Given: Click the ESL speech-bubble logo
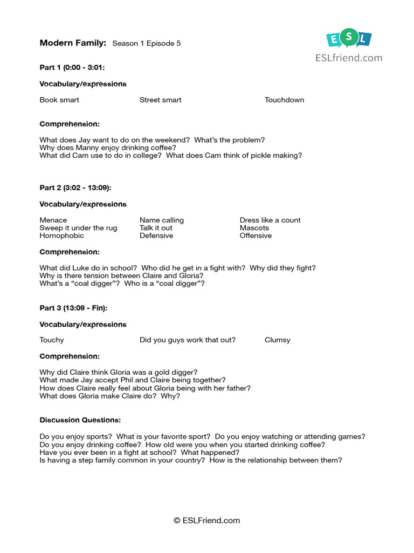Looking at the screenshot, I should coord(349,38).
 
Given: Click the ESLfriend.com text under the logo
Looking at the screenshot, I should coord(349,58).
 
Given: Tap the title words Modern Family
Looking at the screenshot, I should coord(73,43).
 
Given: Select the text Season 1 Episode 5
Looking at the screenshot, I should coord(146,44).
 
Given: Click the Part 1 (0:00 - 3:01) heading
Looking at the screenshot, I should coord(72,68).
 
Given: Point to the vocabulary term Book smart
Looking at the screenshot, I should coord(59,100).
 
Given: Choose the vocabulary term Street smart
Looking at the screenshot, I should coord(160,100).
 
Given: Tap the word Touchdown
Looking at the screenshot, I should coord(284,100).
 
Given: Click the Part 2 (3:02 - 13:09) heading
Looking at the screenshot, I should coord(75,188).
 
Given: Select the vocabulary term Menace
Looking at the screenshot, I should coord(53,220).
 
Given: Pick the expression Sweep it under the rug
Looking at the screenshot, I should coord(78,228).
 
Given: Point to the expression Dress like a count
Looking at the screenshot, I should coord(270,220).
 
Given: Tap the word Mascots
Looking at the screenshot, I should coord(254,228).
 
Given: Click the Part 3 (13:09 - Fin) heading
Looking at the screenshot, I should coord(73,308).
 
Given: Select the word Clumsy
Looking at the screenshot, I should coord(277,340).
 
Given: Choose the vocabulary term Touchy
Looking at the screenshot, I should coord(52,340).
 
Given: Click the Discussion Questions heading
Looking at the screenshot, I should coord(80,420).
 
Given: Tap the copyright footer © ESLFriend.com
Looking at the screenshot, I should coord(206,521).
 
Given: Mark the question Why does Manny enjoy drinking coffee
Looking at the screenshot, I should coord(108,148).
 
